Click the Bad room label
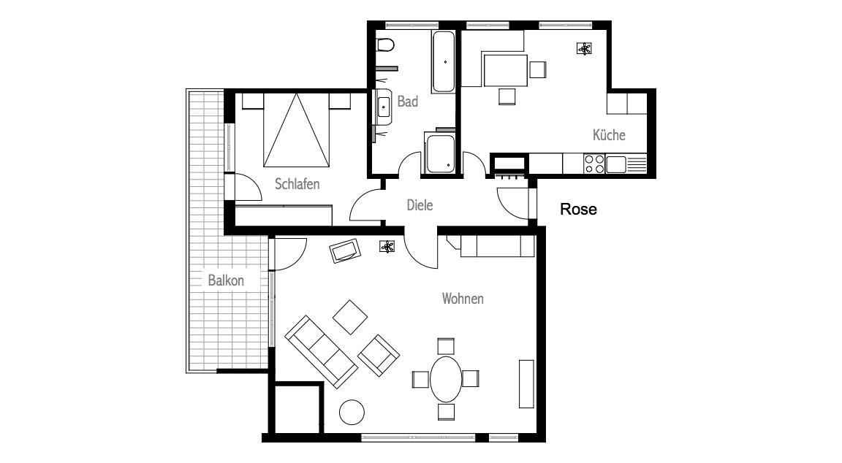[x=408, y=102]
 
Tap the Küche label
[x=609, y=134]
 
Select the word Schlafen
[x=297, y=184]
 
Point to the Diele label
[x=420, y=205]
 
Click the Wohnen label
[x=463, y=298]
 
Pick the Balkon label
[x=226, y=280]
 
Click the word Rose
[x=578, y=209]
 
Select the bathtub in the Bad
[x=444, y=61]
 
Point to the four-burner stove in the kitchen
[x=594, y=164]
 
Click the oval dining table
[x=446, y=379]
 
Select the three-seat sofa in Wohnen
[x=321, y=351]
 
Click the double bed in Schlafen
[x=296, y=130]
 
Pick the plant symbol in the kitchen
[x=584, y=50]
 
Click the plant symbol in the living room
[x=387, y=247]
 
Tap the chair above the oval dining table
[x=446, y=347]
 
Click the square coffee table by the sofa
[x=350, y=317]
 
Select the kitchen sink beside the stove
[x=616, y=164]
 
